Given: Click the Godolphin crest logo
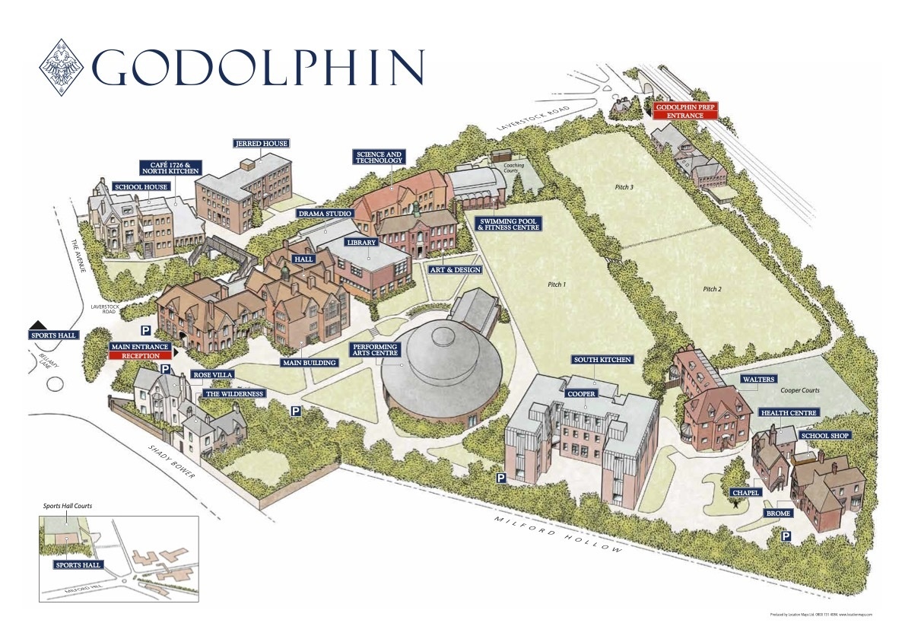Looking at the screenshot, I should (65, 68).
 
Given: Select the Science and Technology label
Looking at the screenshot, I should (379, 157).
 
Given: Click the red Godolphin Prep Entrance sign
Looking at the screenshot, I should (686, 110).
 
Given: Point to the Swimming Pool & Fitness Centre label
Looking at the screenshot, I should (508, 224).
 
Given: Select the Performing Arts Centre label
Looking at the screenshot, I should (374, 350).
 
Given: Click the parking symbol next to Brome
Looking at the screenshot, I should (786, 536).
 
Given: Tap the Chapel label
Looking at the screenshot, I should (745, 492).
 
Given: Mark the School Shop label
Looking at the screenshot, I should (824, 436).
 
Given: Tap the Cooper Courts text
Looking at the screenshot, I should (799, 390).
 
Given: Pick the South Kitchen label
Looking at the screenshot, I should (602, 360).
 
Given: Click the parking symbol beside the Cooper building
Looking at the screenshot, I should (502, 478).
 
